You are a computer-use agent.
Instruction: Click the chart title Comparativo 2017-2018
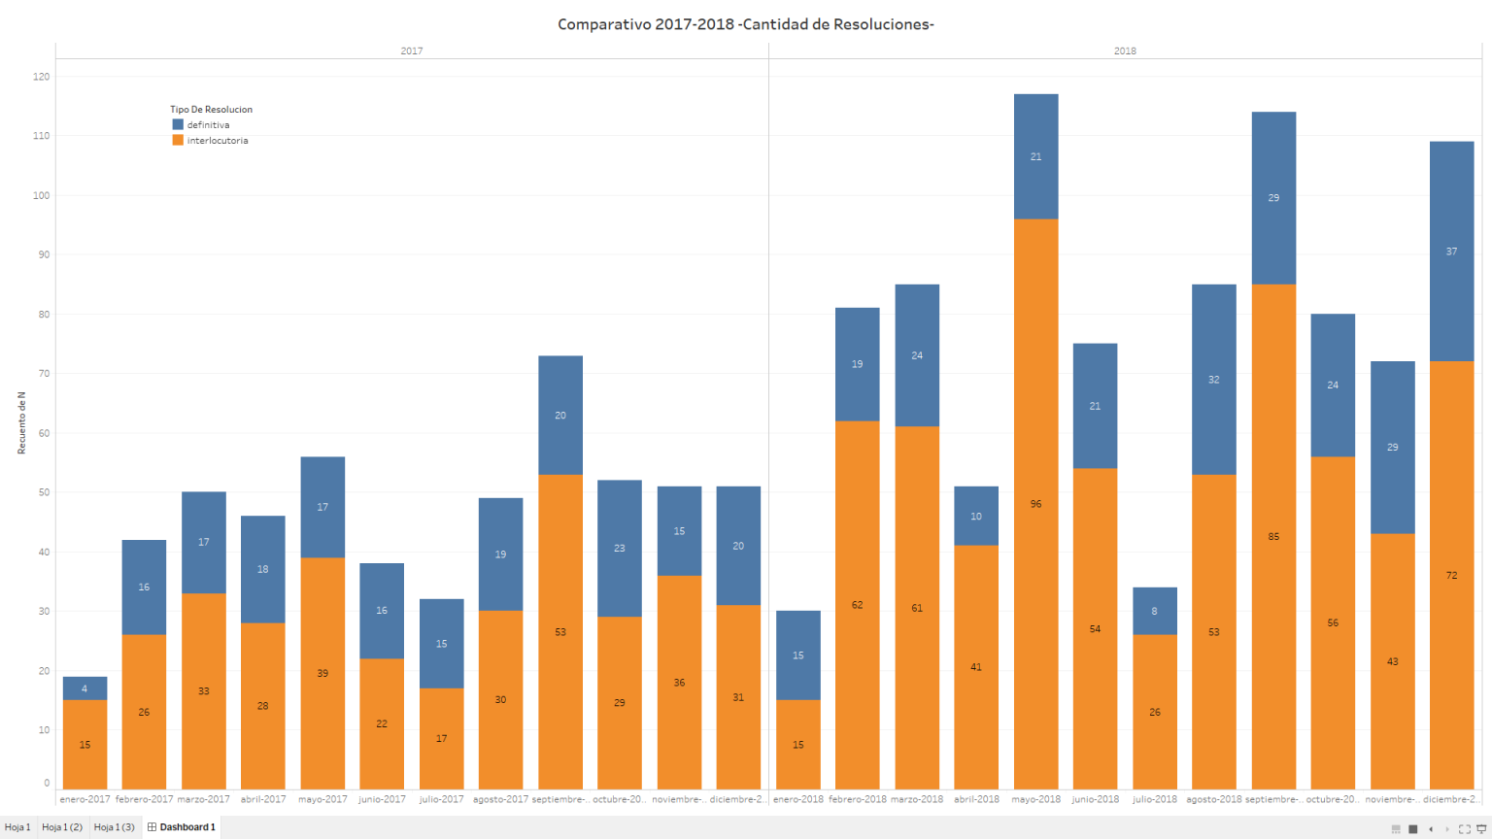pos(745,24)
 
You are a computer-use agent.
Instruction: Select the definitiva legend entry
pos(208,125)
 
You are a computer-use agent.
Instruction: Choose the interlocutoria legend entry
pos(217,141)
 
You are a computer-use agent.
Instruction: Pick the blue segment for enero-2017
pos(85,688)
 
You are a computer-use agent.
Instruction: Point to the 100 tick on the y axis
pos(41,195)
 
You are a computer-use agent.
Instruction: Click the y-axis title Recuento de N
pos(21,423)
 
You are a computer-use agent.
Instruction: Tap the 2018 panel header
pos(1125,50)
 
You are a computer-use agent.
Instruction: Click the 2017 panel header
pos(412,50)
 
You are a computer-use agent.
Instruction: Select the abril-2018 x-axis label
pos(976,799)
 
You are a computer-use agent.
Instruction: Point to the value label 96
pos(1035,504)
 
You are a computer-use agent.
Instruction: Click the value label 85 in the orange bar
pos(1273,537)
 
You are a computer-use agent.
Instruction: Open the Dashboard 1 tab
pos(182,827)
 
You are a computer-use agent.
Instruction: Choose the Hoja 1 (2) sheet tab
pos(62,827)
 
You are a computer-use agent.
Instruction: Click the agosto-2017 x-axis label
pos(500,799)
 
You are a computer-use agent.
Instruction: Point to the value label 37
pos(1451,252)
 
